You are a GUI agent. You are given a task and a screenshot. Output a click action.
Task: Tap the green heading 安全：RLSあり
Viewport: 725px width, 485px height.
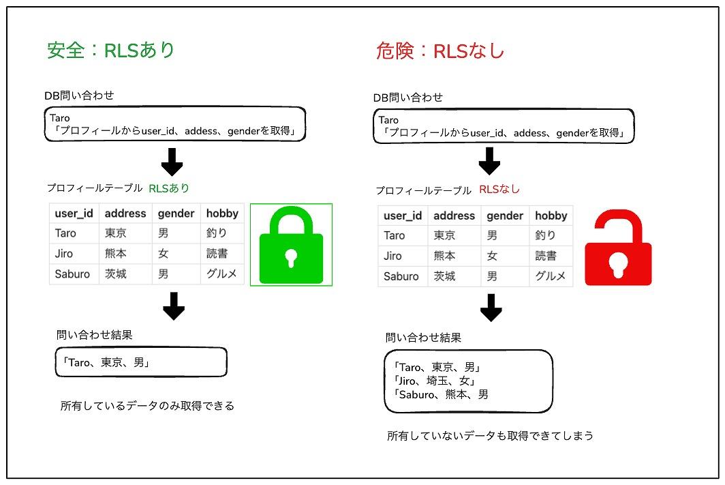[110, 50]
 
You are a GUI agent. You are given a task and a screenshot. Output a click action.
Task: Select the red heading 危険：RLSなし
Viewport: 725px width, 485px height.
[439, 51]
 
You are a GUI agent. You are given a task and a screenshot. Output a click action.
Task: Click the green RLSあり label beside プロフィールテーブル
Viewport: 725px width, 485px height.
[169, 188]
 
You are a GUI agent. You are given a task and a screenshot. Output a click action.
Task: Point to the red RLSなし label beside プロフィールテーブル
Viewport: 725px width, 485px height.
[499, 189]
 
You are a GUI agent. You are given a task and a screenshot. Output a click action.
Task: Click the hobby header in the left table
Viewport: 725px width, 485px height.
[222, 214]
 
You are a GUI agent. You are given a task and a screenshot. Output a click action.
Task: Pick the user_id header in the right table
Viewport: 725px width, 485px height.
[403, 216]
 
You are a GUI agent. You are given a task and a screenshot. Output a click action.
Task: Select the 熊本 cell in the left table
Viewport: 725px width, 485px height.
[116, 254]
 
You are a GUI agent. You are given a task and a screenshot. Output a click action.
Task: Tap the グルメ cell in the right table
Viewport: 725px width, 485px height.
[551, 276]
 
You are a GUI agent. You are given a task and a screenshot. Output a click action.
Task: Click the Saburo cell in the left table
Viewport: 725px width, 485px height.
[72, 274]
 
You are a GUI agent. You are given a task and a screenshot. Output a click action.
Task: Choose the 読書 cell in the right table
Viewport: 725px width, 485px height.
[546, 256]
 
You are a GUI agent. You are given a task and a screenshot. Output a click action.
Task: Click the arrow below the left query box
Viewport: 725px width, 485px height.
[172, 162]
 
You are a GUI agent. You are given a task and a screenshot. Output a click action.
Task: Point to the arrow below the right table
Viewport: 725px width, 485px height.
[491, 308]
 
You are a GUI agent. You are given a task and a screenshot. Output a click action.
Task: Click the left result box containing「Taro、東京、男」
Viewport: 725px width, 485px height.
[141, 362]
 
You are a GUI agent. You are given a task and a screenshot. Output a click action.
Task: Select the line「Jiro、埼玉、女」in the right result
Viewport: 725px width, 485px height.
[433, 381]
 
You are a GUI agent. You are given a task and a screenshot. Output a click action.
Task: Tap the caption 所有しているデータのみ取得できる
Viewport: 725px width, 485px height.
[147, 406]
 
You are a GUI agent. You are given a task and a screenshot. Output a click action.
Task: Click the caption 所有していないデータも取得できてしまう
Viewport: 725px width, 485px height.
[490, 436]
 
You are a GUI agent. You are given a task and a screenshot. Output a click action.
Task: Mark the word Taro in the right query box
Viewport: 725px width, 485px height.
[388, 120]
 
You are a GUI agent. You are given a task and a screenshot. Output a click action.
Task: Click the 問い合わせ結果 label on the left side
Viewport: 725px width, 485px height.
[94, 335]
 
